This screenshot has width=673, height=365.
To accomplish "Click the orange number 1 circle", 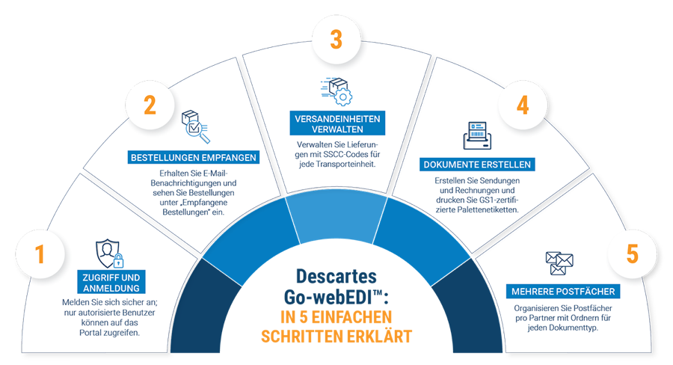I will [x=40, y=254].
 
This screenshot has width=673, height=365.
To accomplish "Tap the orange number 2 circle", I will [x=150, y=105].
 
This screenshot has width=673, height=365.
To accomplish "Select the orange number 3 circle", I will [x=336, y=39].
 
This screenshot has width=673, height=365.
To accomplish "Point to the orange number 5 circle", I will [x=632, y=254].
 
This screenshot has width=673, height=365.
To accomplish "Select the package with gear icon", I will [x=336, y=91].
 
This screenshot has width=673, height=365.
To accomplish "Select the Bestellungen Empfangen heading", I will [x=194, y=158].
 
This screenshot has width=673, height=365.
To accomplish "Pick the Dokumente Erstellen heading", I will [x=477, y=165].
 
